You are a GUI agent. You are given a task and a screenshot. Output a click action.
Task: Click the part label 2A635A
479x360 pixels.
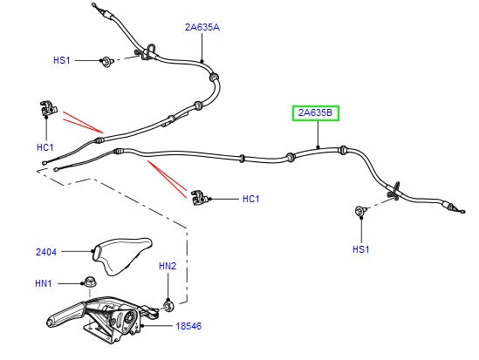(x=202, y=27)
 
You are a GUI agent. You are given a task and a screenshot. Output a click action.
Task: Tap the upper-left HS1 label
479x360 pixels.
(x=62, y=60)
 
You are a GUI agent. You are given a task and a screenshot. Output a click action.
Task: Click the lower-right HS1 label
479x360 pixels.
(x=361, y=249)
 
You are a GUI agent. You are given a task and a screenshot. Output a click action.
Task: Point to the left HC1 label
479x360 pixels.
(x=45, y=147)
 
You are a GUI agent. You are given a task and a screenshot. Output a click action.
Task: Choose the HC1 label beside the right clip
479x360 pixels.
(x=250, y=199)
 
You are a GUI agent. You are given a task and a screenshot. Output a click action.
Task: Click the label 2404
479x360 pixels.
(x=46, y=252)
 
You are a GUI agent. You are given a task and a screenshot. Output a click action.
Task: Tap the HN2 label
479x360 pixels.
(x=168, y=265)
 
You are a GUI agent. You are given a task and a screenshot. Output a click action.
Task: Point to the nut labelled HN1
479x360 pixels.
(x=90, y=282)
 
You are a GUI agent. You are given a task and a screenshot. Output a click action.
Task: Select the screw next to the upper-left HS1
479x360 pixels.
(x=106, y=60)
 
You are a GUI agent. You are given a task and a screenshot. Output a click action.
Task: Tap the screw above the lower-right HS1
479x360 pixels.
(x=359, y=211)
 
